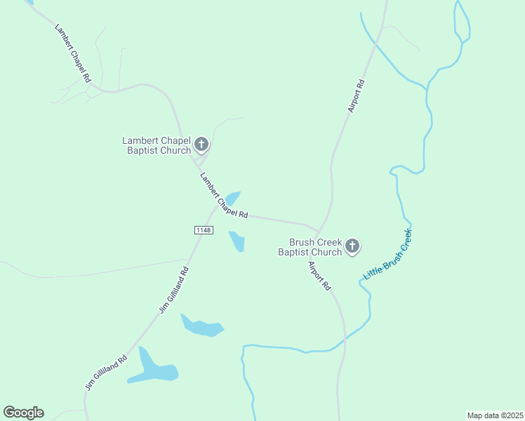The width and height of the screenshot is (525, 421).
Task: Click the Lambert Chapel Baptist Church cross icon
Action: (201, 146)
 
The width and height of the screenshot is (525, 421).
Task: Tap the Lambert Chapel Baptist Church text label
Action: (157, 146)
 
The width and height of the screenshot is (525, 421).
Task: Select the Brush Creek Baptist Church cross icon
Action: (352, 246)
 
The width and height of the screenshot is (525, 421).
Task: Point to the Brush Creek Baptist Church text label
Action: (310, 247)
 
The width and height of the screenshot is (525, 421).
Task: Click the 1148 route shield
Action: (203, 230)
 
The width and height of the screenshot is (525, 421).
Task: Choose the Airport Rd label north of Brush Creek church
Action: (357, 96)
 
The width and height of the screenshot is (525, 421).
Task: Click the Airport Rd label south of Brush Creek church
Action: (319, 276)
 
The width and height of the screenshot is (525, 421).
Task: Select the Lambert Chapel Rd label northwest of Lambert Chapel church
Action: (73, 53)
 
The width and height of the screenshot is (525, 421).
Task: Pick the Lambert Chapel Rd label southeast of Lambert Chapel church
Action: (224, 195)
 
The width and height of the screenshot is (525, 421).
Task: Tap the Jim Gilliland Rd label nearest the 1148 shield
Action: (174, 289)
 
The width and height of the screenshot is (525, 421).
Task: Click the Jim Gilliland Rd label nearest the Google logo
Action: (106, 372)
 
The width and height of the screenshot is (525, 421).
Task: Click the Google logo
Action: (24, 413)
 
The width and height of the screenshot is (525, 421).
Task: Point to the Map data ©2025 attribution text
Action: (495, 415)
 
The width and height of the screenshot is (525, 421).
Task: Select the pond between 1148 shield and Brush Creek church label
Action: (237, 241)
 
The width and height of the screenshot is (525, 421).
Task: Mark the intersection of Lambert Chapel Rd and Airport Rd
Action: (318, 231)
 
